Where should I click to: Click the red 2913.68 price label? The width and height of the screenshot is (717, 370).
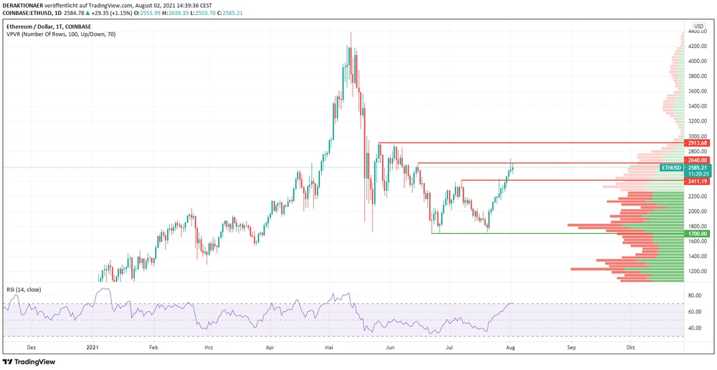698,143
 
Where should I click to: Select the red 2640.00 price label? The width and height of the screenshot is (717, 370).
698,160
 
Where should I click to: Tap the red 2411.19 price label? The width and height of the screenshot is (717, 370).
698,182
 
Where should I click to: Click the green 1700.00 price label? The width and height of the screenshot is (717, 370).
698,234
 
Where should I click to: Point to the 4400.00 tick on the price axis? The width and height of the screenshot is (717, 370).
698,32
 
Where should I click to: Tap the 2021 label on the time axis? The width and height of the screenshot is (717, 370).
92,346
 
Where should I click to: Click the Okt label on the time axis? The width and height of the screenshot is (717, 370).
630,346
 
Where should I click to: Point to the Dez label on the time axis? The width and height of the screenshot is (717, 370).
31,346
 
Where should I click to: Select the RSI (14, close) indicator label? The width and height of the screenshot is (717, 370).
24,290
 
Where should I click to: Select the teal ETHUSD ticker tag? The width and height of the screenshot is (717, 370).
671,168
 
